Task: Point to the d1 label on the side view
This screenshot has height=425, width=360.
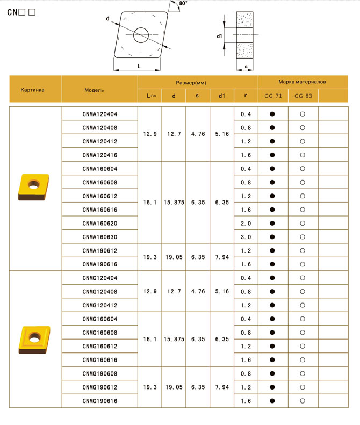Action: pos(219,37)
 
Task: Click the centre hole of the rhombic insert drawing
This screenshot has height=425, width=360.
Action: pos(141,35)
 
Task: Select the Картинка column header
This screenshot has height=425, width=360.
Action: pos(32,90)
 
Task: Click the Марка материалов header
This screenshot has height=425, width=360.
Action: pos(302,82)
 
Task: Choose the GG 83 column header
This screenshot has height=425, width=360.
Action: pos(303,96)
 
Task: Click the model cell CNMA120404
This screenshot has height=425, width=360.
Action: pos(100,114)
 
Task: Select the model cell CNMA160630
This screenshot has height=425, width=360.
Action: pos(100,237)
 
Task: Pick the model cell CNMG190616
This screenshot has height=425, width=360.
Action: pos(100,401)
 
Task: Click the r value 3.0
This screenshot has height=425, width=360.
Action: pos(246,237)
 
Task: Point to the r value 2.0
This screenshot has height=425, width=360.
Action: pos(246,223)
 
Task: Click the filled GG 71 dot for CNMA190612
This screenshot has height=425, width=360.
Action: pos(273,250)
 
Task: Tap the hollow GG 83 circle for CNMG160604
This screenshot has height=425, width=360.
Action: pos(303,319)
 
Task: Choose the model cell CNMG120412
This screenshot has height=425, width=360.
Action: pos(100,305)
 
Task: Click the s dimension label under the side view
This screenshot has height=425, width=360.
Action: pos(246,67)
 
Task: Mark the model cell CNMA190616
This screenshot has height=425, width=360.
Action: pos(100,264)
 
